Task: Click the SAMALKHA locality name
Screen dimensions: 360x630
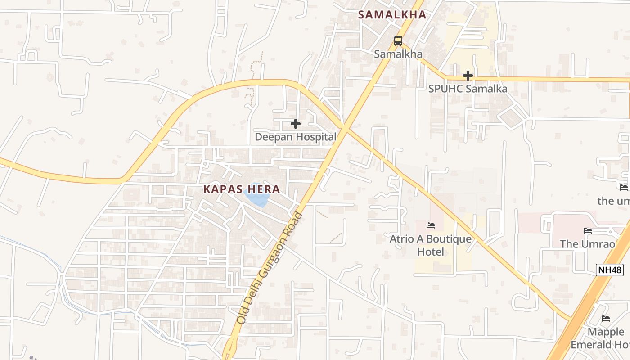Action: point(392,14)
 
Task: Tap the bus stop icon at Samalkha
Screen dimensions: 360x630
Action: point(398,41)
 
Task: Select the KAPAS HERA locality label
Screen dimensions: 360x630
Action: point(242,189)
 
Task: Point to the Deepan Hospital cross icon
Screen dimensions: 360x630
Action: point(296,123)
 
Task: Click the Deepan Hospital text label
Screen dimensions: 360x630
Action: point(296,137)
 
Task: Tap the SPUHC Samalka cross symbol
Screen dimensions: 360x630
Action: point(468,75)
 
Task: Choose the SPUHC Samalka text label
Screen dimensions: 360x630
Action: point(468,89)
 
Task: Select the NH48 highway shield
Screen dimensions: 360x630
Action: point(610,270)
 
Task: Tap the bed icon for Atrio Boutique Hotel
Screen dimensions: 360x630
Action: point(431,225)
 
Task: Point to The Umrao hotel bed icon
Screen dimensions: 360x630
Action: point(588,230)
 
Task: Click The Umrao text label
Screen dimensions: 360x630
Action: point(587,244)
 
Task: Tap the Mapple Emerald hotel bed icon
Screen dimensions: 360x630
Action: point(606,319)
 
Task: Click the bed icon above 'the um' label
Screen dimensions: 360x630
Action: point(623,187)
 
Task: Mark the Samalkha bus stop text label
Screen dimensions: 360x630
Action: point(398,54)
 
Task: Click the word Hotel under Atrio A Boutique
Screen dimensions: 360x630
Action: point(431,252)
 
